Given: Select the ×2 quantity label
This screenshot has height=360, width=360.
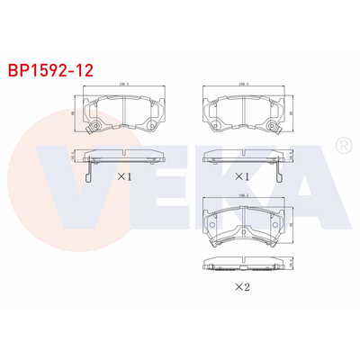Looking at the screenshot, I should click(241, 287).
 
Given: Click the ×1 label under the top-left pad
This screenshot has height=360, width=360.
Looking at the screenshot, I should click(124, 177).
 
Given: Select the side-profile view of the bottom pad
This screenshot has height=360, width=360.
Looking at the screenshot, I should click(240, 265).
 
